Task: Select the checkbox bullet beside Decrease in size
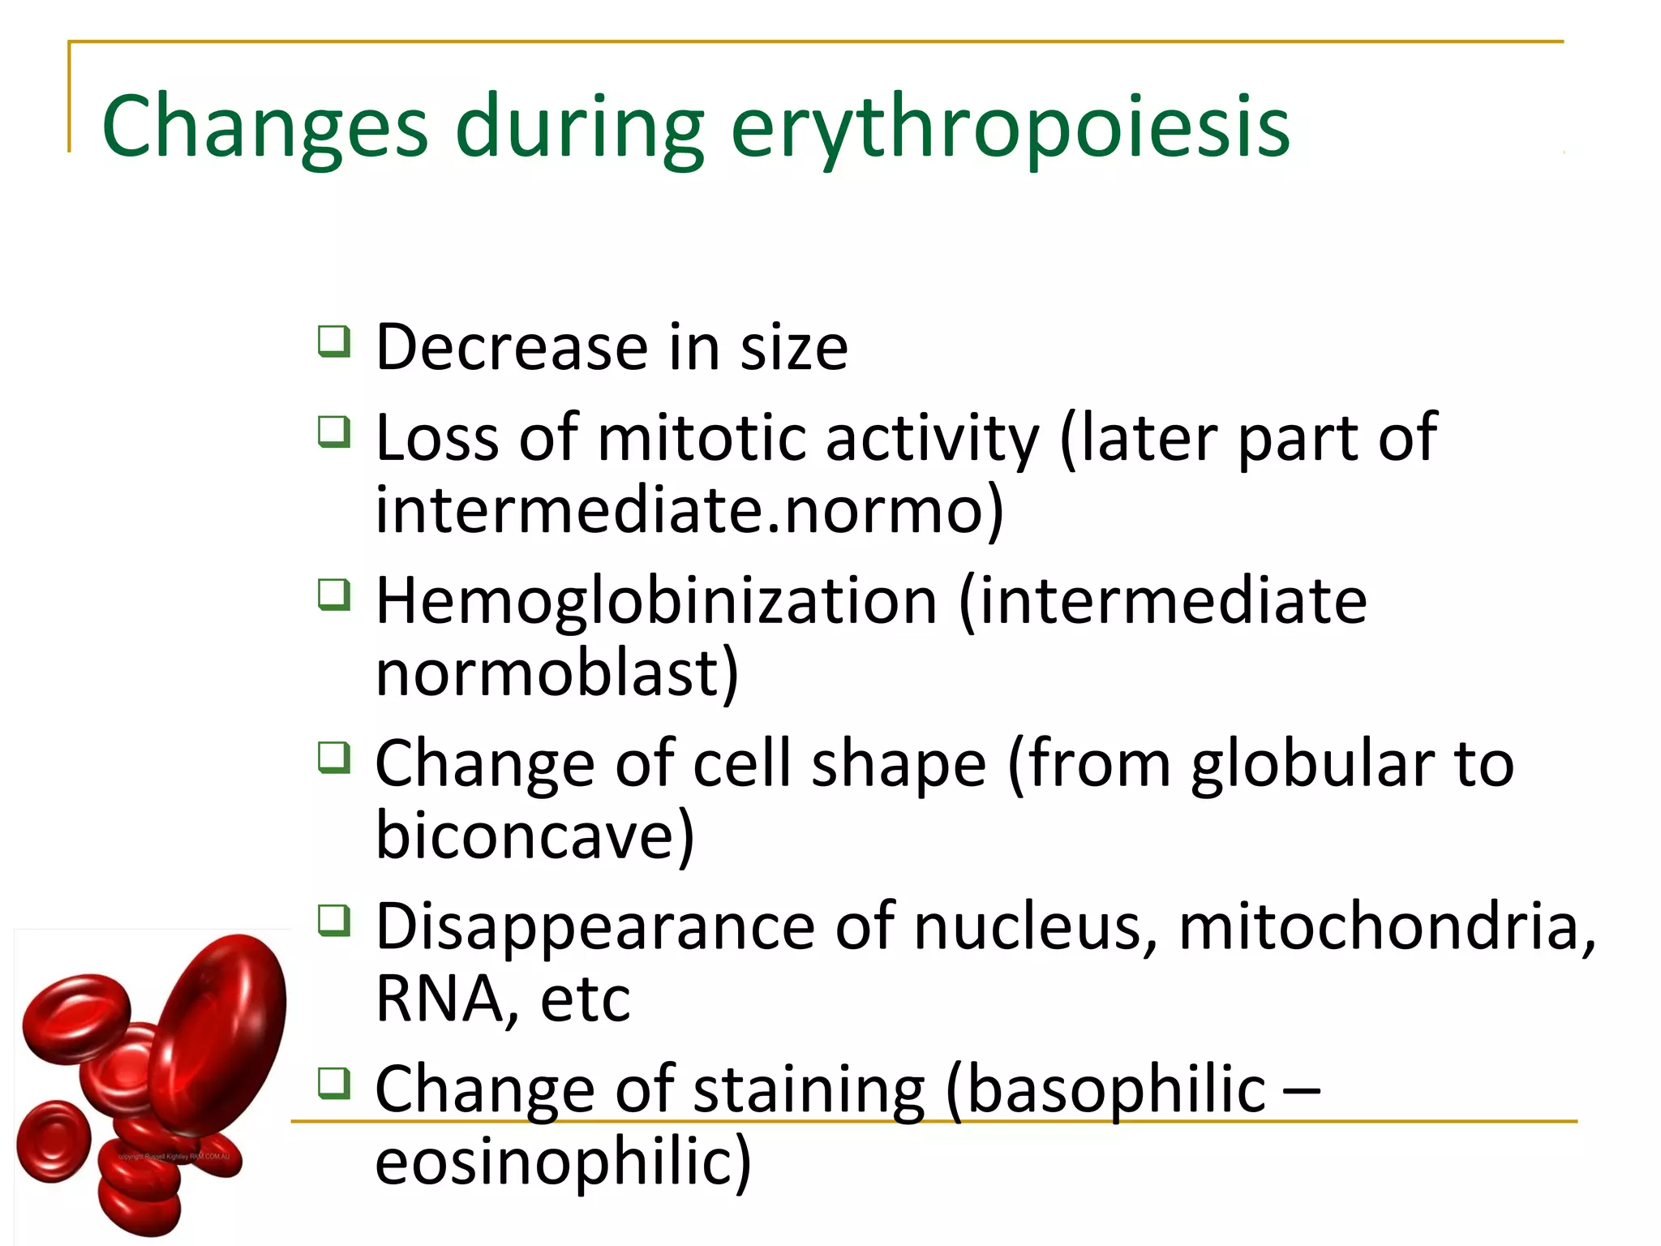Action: point(334,342)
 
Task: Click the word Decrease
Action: point(512,347)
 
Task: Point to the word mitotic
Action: point(702,438)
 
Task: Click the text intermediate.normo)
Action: point(689,509)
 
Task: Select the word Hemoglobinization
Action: point(656,601)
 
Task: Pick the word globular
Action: point(1312,764)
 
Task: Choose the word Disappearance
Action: point(594,926)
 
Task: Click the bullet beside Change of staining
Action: point(334,1083)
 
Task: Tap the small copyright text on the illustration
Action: point(174,1157)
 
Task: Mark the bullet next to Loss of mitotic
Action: point(334,432)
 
